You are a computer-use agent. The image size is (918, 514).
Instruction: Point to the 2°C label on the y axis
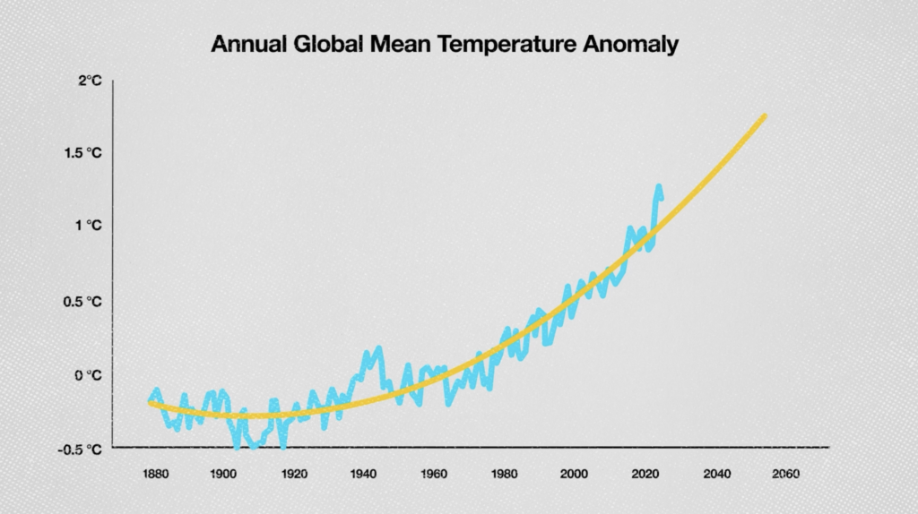[x=90, y=81]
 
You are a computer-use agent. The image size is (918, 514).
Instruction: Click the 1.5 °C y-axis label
[x=83, y=153]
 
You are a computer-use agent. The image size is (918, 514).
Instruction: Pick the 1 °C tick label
[x=90, y=226]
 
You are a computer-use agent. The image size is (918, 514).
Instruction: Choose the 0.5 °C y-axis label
[x=83, y=301]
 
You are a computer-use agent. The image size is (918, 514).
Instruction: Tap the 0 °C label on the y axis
[x=89, y=374]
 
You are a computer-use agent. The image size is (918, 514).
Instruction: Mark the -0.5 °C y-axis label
[x=82, y=448]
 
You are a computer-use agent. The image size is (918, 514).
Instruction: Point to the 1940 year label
[x=363, y=474]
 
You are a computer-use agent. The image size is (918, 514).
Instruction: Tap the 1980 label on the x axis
[x=505, y=474]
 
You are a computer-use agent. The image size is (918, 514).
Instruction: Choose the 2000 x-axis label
[x=575, y=474]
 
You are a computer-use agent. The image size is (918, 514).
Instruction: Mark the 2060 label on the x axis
[x=785, y=474]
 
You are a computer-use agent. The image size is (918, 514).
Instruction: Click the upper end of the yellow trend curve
[x=764, y=116]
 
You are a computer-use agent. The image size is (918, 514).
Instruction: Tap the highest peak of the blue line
[x=658, y=186]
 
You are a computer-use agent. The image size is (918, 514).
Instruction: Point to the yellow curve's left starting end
[x=151, y=403]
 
